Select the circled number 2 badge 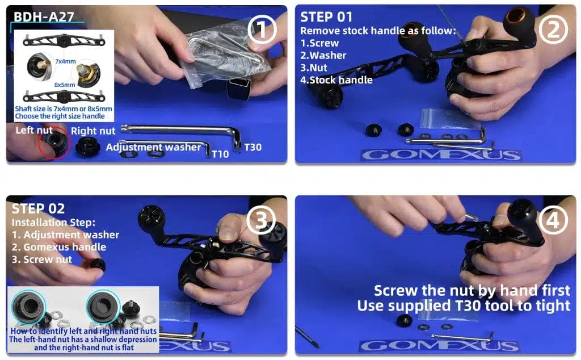551,30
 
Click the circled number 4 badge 551,220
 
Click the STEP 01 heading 326,17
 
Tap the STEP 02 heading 38,208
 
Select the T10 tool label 220,154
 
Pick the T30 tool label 252,148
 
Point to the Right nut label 93,131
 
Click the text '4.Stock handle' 336,80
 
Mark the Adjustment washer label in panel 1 153,148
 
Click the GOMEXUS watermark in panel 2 440,155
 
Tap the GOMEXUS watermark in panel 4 440,345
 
